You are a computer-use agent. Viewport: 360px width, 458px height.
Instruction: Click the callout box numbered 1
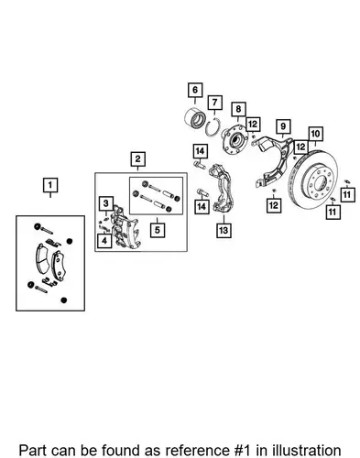click(x=50, y=185)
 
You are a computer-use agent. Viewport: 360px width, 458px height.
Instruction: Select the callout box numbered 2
click(x=137, y=158)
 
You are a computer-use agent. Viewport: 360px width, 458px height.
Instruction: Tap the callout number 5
click(x=158, y=230)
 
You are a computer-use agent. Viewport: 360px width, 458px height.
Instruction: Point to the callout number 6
click(x=195, y=90)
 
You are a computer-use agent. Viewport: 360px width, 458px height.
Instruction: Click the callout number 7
click(x=215, y=103)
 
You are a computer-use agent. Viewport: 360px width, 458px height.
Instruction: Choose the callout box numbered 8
click(x=238, y=109)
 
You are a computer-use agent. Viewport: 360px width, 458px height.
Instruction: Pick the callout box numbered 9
click(x=283, y=126)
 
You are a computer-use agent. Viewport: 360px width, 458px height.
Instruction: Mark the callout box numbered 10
click(x=315, y=134)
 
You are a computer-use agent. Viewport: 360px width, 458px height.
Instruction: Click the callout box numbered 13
click(x=224, y=230)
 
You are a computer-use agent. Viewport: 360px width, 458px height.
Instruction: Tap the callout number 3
click(x=106, y=203)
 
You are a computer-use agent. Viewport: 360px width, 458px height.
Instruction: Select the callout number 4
click(x=104, y=241)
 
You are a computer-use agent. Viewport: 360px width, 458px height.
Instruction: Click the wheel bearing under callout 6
click(x=193, y=117)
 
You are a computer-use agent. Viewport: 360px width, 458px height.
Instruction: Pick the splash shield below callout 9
click(x=275, y=160)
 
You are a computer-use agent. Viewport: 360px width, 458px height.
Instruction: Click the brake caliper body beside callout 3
click(x=125, y=226)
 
